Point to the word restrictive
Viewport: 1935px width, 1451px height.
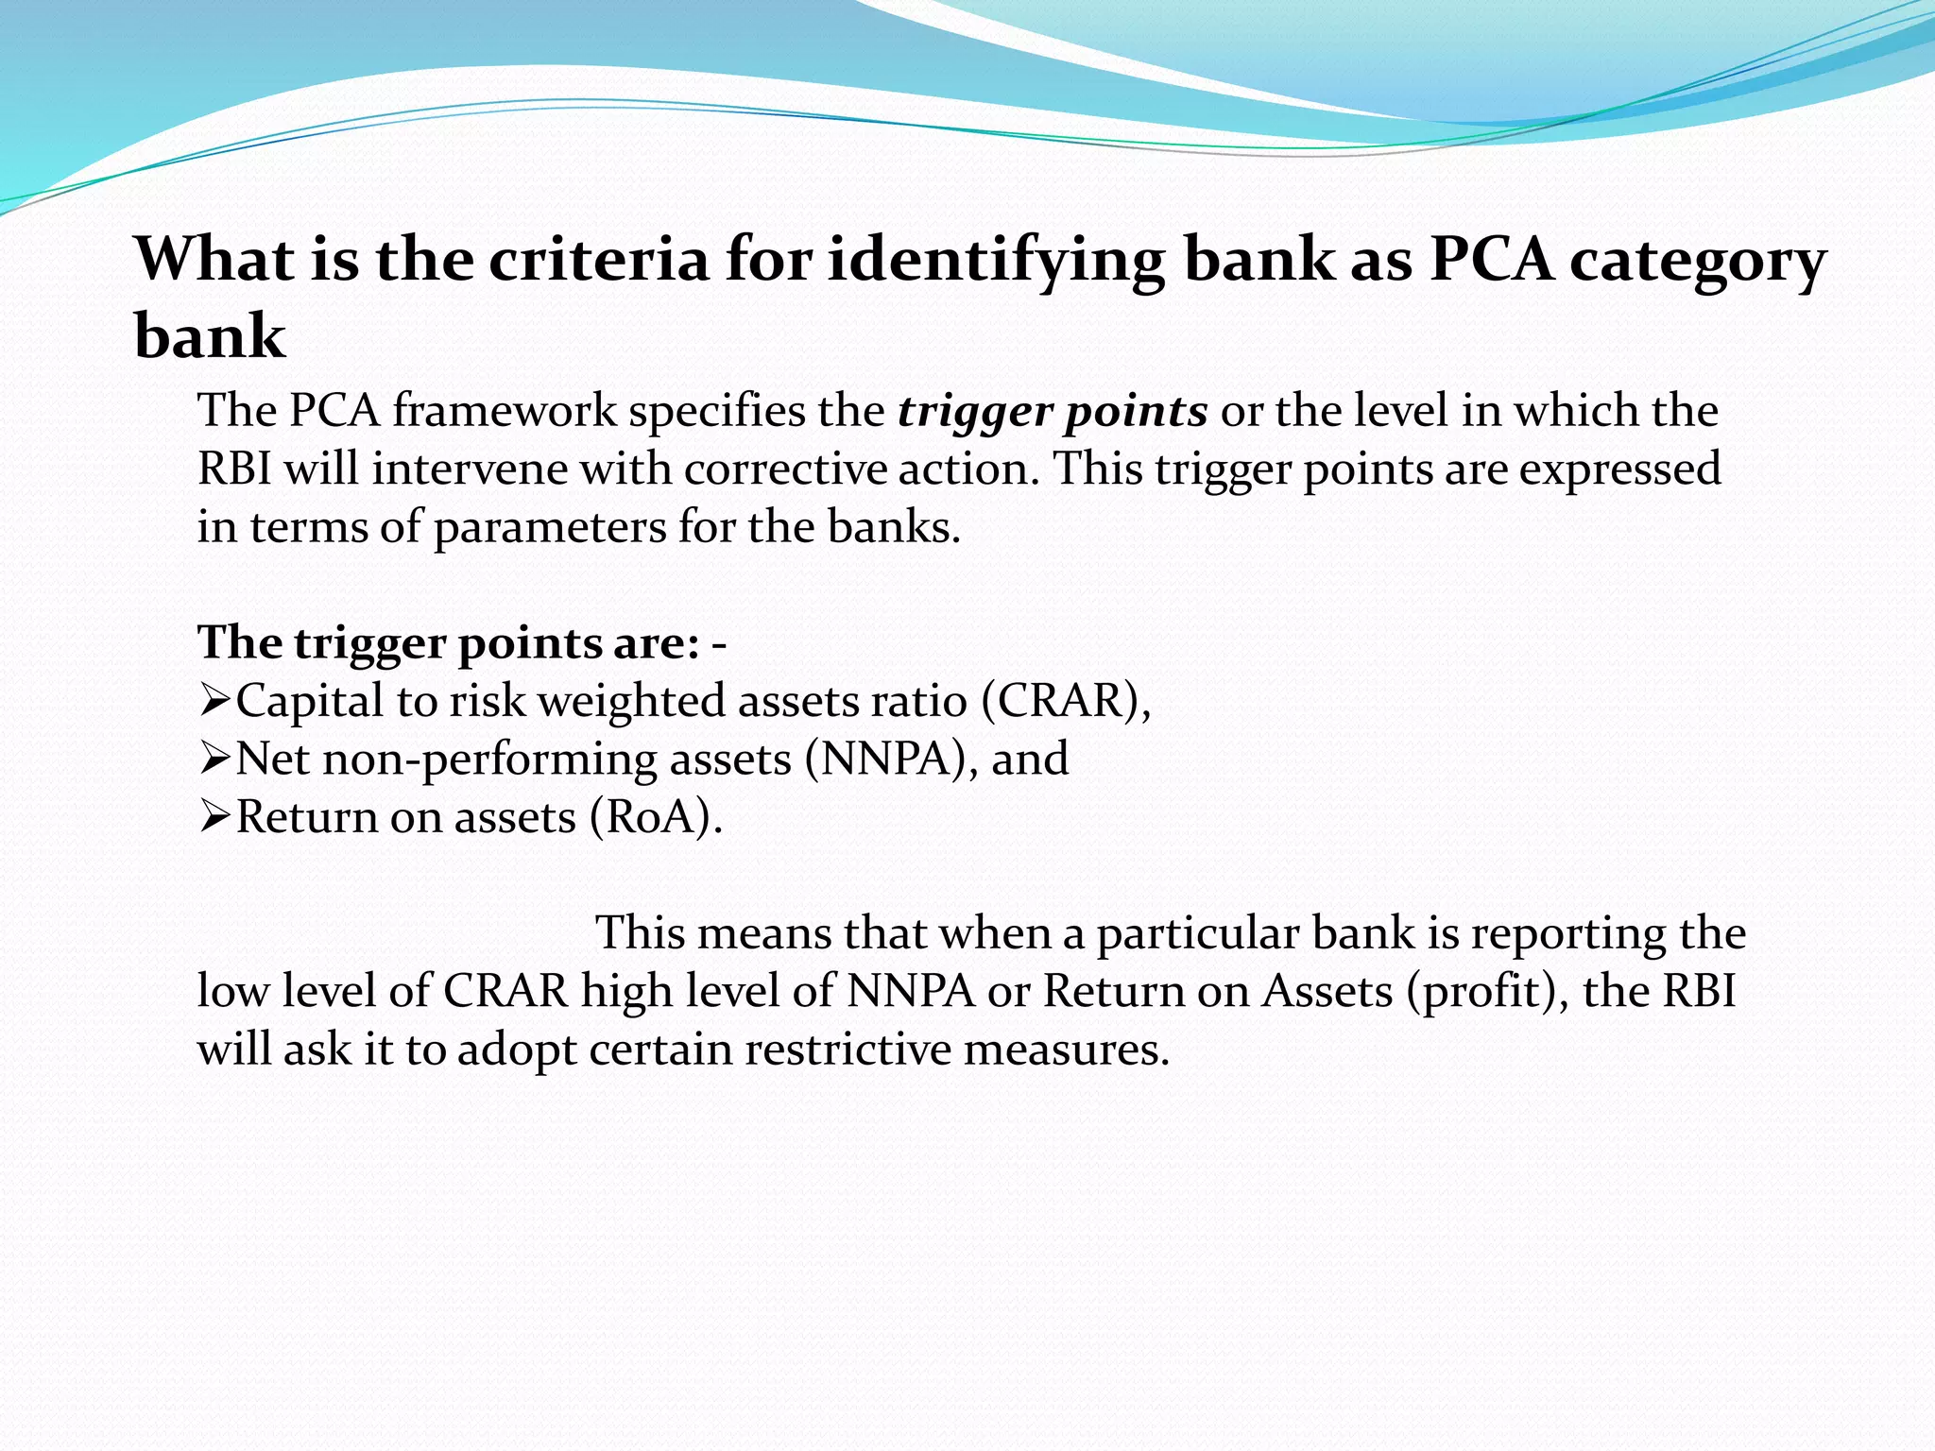click(x=847, y=1050)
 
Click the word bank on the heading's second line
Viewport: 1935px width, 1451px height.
click(x=210, y=336)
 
